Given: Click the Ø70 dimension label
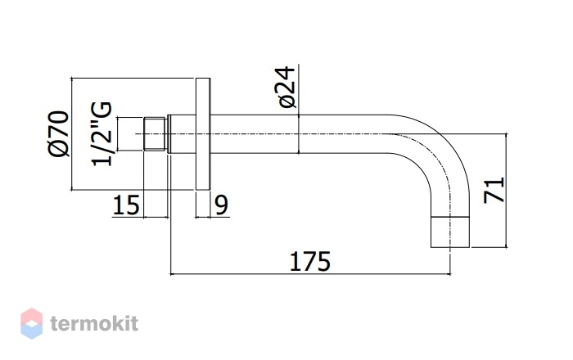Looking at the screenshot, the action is pyautogui.click(x=58, y=133).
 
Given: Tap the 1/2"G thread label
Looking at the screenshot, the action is pyautogui.click(x=102, y=133).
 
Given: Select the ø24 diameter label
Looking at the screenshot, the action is pyautogui.click(x=286, y=88).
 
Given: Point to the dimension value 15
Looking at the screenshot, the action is pyautogui.click(x=126, y=205).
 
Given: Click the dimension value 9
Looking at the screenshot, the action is pyautogui.click(x=222, y=205).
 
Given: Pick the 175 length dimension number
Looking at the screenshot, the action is pyautogui.click(x=310, y=262).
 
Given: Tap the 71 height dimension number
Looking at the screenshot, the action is pyautogui.click(x=494, y=190).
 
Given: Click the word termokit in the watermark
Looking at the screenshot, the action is pyautogui.click(x=94, y=323).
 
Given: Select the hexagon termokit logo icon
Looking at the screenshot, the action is pyautogui.click(x=31, y=323).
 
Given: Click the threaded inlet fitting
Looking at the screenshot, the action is pyautogui.click(x=156, y=133).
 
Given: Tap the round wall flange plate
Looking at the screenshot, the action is pyautogui.click(x=203, y=134).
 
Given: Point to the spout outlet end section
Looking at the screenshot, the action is pyautogui.click(x=450, y=232).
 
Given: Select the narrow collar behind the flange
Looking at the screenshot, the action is pyautogui.click(x=169, y=134).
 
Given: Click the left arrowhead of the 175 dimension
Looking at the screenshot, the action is pyautogui.click(x=173, y=273).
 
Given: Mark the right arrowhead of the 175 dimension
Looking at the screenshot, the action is pyautogui.click(x=448, y=273).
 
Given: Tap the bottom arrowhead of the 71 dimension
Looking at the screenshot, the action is pyautogui.click(x=507, y=245).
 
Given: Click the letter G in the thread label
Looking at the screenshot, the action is pyautogui.click(x=102, y=110).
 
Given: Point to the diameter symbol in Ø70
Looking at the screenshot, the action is pyautogui.click(x=58, y=149).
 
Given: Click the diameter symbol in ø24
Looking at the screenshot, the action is pyautogui.click(x=287, y=101).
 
